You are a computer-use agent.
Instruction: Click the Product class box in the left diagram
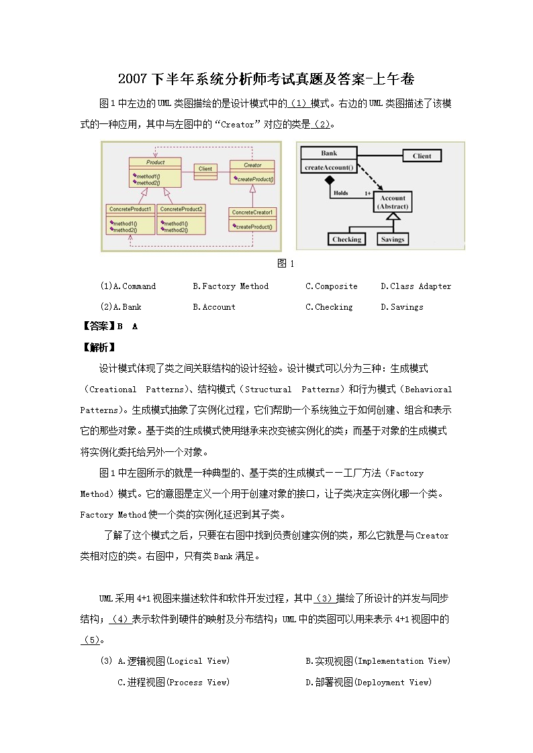155,172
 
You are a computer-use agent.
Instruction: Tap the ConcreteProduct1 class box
130,219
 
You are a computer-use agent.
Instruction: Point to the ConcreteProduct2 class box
181,219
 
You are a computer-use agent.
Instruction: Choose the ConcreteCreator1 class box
253,219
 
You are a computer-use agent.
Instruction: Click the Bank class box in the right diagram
329,160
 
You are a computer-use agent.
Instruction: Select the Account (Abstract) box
393,202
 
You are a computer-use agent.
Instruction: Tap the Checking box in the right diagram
346,239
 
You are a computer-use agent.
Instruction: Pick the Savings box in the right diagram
393,239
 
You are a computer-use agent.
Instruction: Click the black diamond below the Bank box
329,180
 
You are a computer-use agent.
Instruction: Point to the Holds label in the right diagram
340,193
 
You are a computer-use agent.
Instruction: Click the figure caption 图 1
286,264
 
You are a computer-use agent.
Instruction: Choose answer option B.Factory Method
230,286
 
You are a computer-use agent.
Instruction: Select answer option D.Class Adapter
416,286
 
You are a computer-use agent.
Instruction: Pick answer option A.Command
128,286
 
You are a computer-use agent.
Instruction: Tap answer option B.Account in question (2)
214,307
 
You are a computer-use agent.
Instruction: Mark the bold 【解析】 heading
97,347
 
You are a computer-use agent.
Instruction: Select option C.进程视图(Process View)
173,683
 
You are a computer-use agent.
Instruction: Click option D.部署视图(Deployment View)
369,683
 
